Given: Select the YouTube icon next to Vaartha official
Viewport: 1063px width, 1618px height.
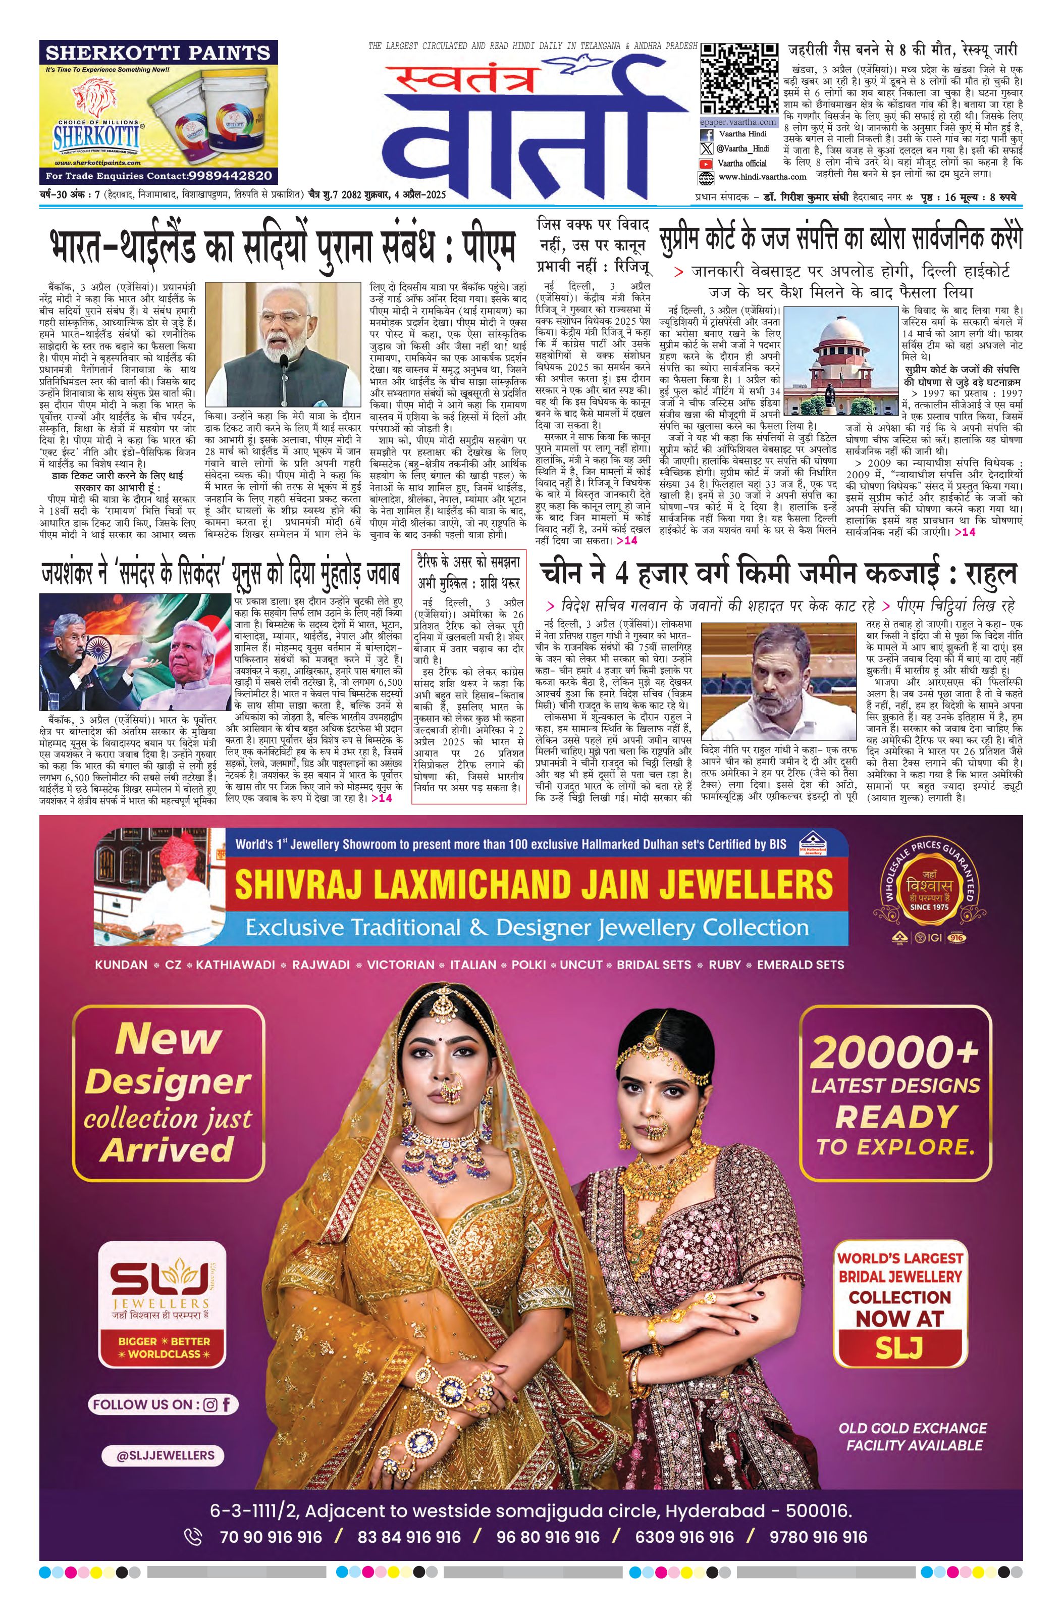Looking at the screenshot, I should (x=707, y=163).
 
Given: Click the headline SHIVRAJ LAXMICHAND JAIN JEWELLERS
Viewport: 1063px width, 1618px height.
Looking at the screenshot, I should (x=533, y=884).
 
